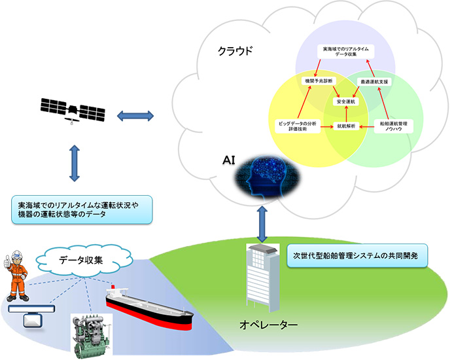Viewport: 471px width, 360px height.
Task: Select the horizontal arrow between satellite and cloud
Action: click(135, 117)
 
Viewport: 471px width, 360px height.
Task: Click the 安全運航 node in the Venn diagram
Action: click(345, 102)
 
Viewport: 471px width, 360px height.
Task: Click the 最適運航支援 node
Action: click(375, 82)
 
